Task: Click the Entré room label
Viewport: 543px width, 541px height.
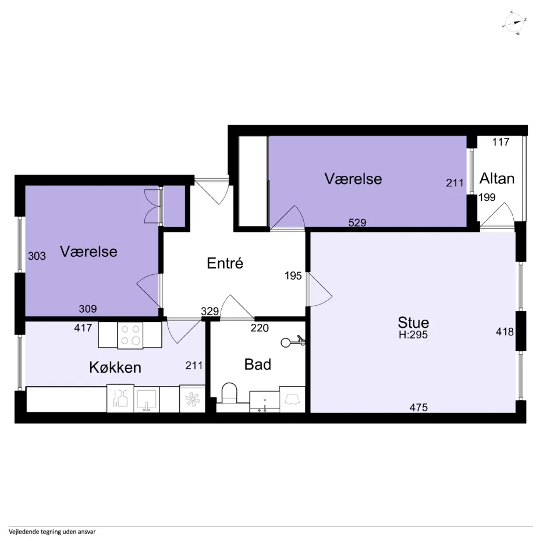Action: [x=225, y=263]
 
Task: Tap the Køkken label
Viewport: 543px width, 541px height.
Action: [x=115, y=367]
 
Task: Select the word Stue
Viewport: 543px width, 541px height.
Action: [x=413, y=323]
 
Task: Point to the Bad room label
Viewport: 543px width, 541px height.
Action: [x=258, y=365]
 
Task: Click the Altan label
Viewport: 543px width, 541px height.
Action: [x=497, y=179]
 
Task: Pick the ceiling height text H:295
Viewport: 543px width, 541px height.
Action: [x=413, y=335]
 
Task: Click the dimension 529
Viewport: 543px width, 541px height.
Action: [x=357, y=222]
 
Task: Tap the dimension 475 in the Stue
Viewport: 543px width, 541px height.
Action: [x=418, y=407]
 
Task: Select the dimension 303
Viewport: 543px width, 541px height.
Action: [x=37, y=256]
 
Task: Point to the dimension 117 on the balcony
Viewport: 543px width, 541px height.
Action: [x=501, y=142]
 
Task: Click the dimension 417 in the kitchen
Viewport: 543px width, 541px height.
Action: [x=83, y=327]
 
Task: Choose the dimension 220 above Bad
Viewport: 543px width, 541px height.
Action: [x=260, y=328]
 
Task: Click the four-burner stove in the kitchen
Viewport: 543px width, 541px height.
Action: [x=130, y=335]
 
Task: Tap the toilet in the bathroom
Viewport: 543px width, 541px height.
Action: [x=229, y=393]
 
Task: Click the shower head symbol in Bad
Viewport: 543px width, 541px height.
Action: [x=293, y=342]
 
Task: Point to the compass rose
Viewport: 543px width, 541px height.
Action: [x=514, y=23]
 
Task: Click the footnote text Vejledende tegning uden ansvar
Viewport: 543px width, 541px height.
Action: [x=52, y=532]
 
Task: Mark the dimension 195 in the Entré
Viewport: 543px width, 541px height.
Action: [x=293, y=275]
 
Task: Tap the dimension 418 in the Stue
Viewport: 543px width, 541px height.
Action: [x=505, y=332]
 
